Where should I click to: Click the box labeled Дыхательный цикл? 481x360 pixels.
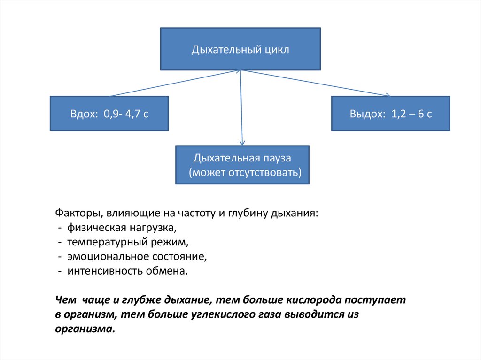(x=240, y=49)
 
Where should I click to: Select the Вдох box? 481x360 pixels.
(x=109, y=113)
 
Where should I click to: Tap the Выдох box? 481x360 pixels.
(x=390, y=113)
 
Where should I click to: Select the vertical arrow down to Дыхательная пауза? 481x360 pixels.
(x=241, y=108)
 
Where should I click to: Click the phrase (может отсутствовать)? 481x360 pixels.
(x=245, y=172)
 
